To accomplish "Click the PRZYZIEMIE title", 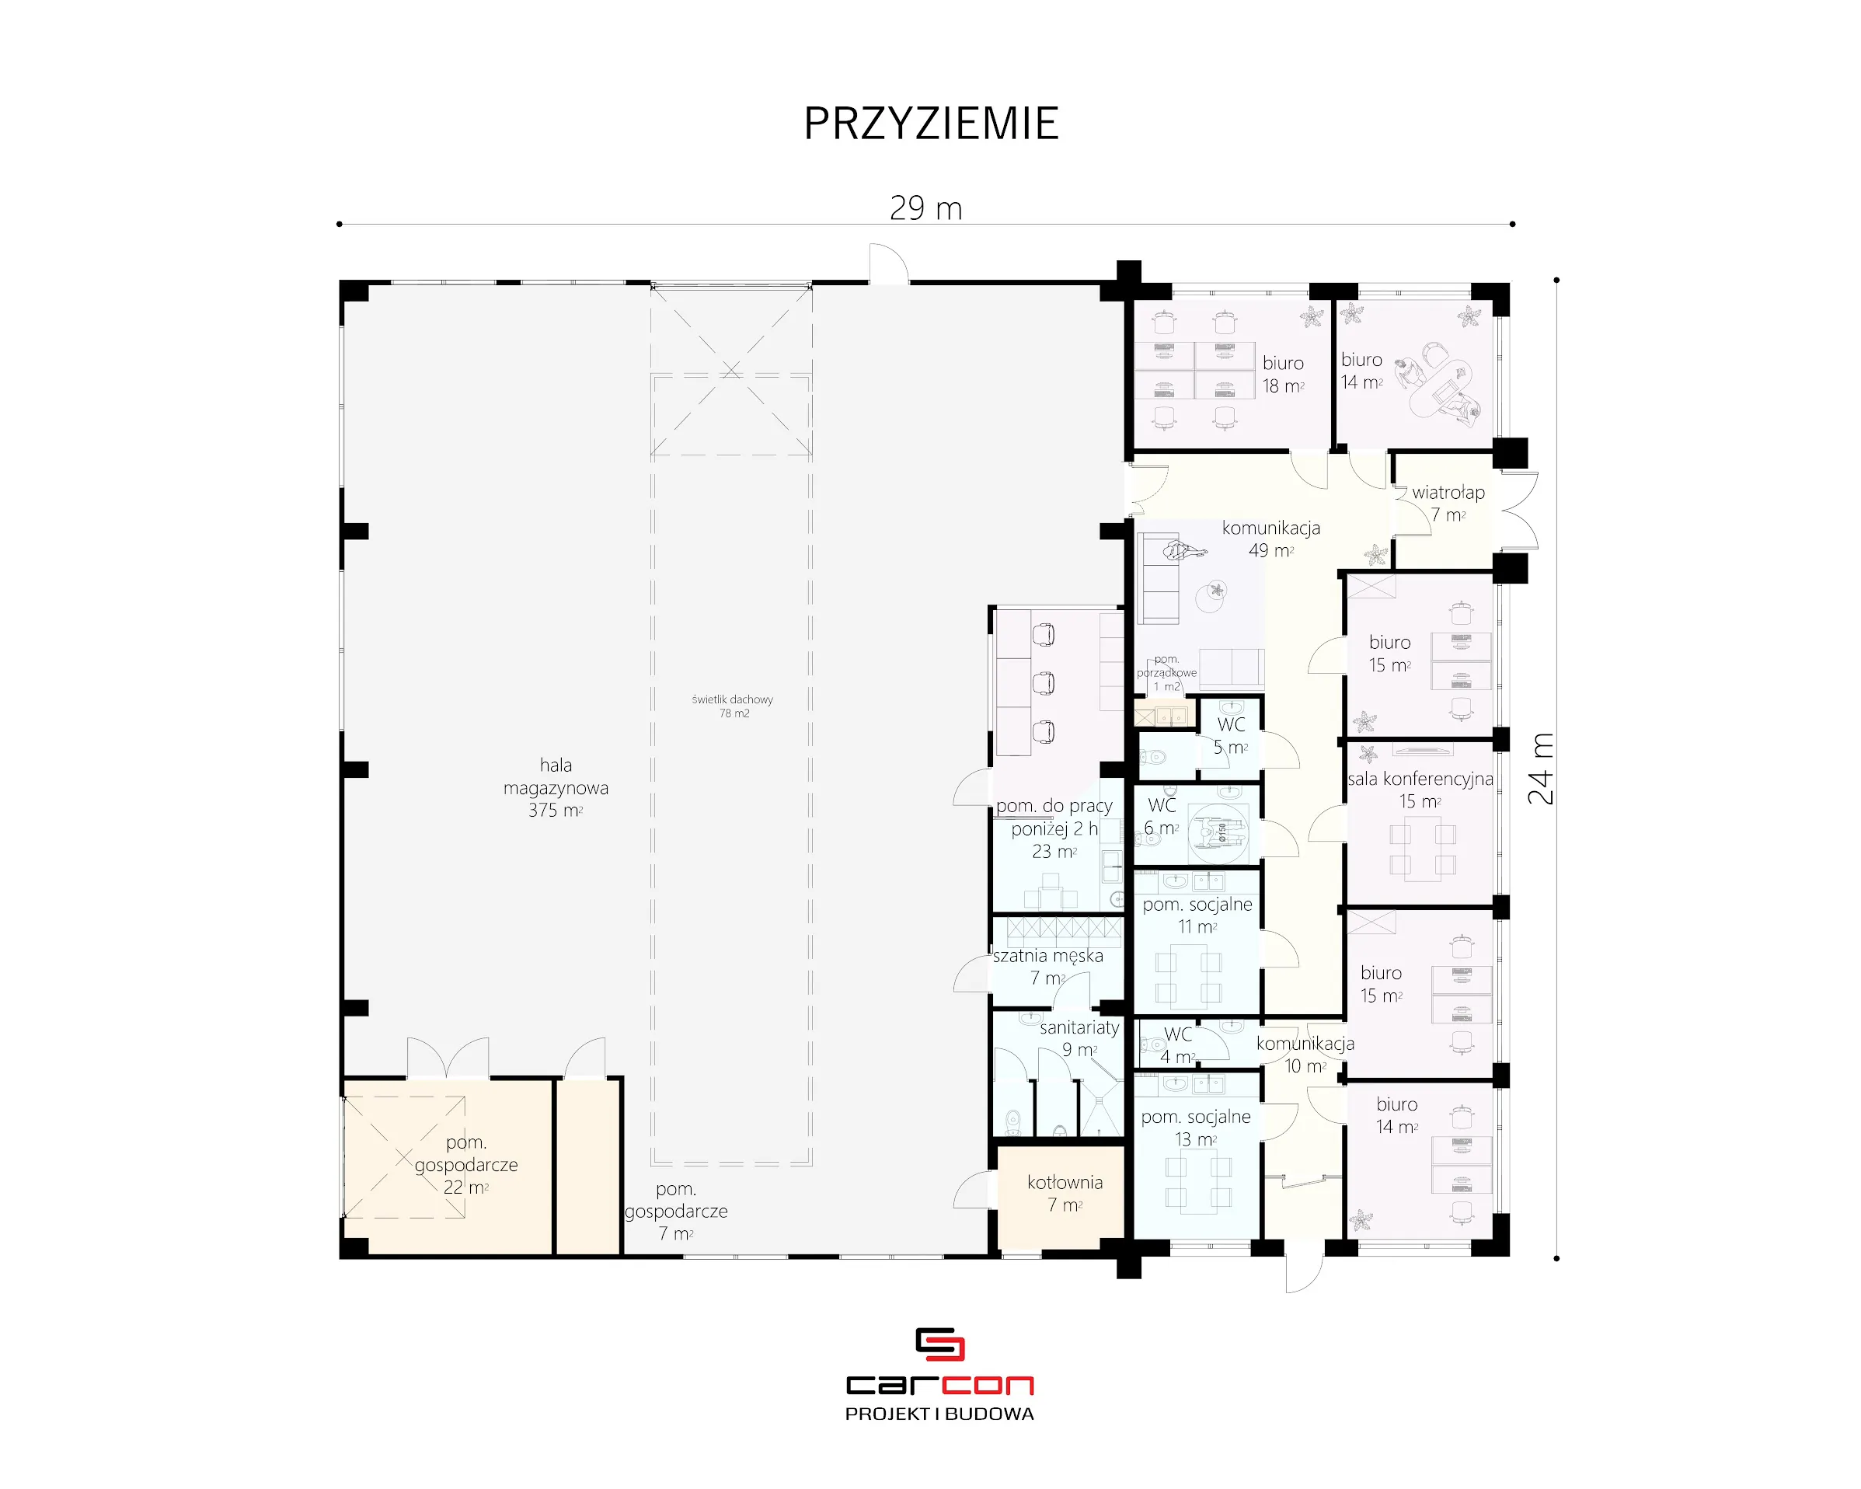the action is tap(931, 124).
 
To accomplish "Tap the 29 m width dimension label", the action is tap(925, 208).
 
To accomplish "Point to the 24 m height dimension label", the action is tap(1541, 769).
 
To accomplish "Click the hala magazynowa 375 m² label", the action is tap(556, 787).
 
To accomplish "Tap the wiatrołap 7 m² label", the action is tap(1448, 504).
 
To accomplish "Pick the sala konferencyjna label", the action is tap(1420, 779).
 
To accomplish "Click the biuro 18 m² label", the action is tap(1284, 375).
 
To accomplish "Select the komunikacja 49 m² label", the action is tap(1270, 539).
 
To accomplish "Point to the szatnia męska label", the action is tap(1048, 957).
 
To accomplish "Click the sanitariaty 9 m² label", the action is tap(1079, 1038).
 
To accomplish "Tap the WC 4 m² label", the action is tap(1177, 1045).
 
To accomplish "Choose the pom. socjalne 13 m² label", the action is tap(1196, 1128).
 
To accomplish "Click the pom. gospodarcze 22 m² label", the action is tap(466, 1164).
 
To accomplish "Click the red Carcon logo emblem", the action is tap(939, 1344).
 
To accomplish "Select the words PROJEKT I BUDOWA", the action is tap(939, 1414).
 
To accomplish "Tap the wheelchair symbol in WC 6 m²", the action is tap(1220, 832).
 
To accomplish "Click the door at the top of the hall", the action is tap(888, 263).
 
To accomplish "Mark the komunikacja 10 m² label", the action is tap(1305, 1054).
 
